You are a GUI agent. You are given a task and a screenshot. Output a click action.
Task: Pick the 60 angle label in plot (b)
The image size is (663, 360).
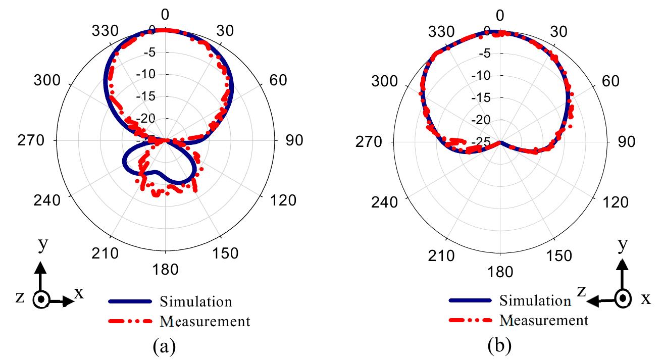[614, 81]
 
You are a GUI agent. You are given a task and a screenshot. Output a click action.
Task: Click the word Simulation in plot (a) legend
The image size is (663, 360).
[196, 301]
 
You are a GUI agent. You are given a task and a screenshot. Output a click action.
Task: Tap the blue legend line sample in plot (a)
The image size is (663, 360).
[130, 301]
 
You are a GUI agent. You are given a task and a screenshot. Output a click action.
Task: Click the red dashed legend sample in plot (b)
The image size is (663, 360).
[469, 320]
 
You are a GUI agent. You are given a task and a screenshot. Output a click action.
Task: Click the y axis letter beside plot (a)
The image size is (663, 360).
[43, 246]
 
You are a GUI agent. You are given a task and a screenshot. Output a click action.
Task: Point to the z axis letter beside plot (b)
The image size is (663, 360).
[581, 291]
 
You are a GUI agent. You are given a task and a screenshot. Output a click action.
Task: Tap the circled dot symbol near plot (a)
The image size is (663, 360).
[42, 300]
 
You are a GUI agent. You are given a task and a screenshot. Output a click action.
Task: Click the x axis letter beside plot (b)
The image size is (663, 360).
[646, 299]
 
